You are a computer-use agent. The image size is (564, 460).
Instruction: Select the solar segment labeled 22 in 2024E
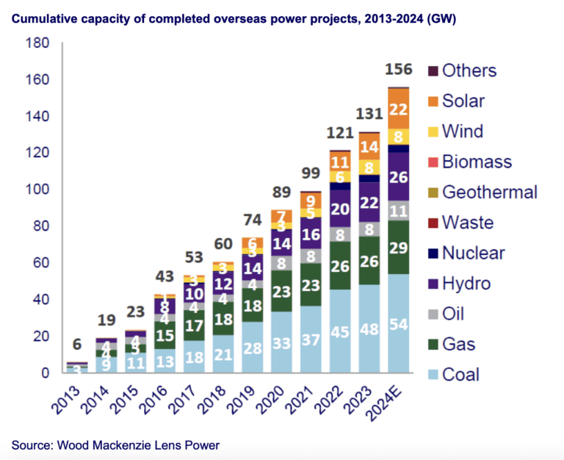coord(398,109)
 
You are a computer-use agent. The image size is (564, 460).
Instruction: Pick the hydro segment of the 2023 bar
coord(369,202)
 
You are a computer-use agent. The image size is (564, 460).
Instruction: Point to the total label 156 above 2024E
coord(399,70)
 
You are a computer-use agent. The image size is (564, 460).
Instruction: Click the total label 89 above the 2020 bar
coord(281,193)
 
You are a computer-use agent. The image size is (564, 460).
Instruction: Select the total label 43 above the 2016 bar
coord(164,278)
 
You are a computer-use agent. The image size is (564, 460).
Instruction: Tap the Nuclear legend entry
coord(473,253)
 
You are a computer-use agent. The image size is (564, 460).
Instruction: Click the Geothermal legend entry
coord(489,193)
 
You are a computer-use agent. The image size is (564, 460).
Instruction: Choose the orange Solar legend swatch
coord(433,102)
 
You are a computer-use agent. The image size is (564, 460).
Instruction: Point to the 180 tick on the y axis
coord(37,43)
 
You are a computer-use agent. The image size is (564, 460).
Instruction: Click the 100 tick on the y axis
coord(37,190)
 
